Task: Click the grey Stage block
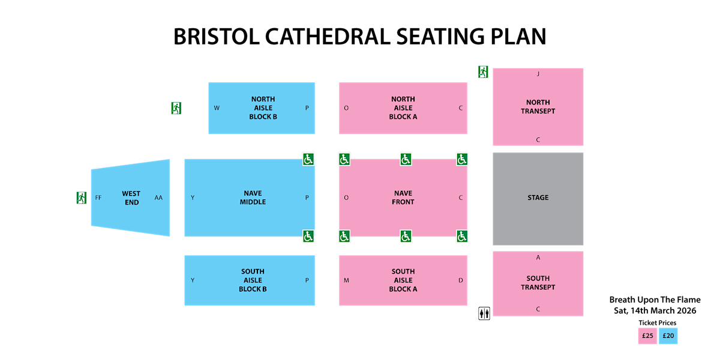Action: click(538, 198)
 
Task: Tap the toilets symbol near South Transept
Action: click(484, 313)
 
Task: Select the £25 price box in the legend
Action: click(647, 336)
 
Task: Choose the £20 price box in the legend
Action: click(668, 336)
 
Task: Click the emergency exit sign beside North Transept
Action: click(483, 72)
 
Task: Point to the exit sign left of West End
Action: click(82, 197)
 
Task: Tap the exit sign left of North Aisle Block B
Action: click(176, 108)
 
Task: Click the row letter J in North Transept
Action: click(538, 74)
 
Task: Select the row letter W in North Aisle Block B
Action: click(217, 108)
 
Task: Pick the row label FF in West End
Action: click(98, 197)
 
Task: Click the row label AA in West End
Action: click(158, 197)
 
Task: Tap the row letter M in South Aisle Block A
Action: click(346, 280)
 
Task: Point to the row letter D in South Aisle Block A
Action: click(460, 280)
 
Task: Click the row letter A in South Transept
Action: click(538, 257)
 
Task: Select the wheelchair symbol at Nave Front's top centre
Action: click(406, 159)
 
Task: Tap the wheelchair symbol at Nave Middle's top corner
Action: click(308, 159)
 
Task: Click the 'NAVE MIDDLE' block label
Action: click(253, 197)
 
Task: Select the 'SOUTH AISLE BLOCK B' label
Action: click(253, 280)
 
